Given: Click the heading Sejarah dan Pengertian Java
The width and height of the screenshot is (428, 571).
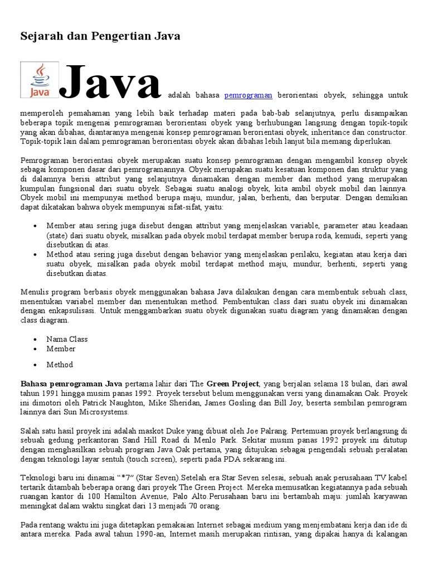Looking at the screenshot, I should [100, 37].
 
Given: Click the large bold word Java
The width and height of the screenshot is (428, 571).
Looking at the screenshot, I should [112, 83].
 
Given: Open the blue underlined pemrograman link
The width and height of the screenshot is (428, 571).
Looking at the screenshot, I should [248, 95].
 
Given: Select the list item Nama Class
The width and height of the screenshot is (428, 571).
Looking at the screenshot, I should [67, 339].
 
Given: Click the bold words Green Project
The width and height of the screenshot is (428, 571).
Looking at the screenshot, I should [233, 384].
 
